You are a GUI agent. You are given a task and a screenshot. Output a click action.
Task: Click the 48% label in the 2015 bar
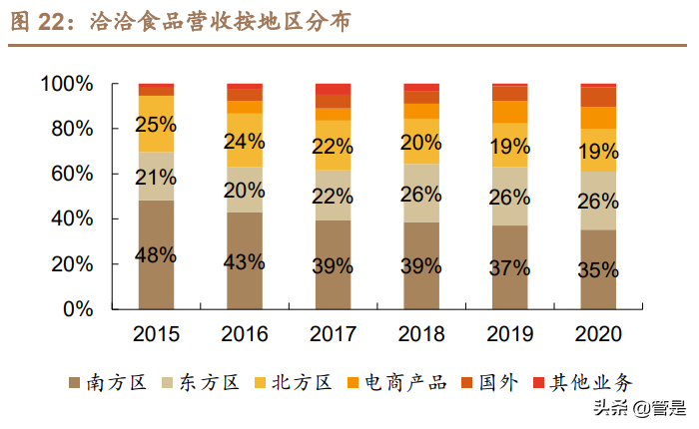pos(157,255)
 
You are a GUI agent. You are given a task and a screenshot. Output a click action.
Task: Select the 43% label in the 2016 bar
pos(245,262)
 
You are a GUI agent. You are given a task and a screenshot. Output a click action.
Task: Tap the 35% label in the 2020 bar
pos(598,270)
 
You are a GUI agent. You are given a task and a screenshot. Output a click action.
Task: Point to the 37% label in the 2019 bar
pos(509,266)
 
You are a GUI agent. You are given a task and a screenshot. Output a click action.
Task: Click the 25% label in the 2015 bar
pos(157,126)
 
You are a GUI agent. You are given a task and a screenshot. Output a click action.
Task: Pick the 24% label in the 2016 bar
pos(245,142)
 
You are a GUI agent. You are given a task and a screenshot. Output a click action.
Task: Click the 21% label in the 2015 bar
pos(157,178)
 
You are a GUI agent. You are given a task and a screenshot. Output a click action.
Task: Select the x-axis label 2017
pos(333,333)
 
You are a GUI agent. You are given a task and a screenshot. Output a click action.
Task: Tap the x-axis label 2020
pos(598,333)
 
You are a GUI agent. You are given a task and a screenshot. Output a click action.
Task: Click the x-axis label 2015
pos(157,333)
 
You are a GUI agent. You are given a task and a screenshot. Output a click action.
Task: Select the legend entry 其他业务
pos(585,382)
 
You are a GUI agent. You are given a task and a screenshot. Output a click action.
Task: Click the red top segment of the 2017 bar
pos(333,89)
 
